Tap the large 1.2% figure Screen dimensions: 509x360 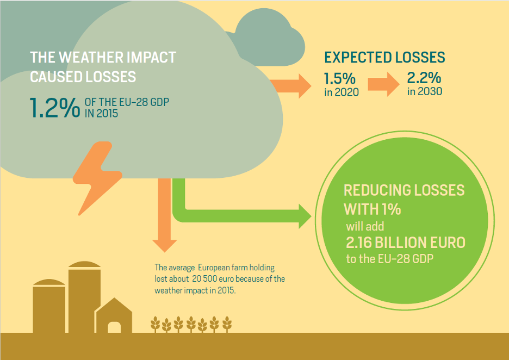tap(55, 108)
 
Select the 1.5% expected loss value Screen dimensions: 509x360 tap(339, 79)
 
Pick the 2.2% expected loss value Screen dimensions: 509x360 tap(424, 78)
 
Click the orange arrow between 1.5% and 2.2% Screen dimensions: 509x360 tap(384, 84)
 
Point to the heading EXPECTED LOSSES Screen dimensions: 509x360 tap(384, 58)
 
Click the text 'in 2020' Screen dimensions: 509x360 tap(342, 92)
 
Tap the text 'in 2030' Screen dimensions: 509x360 tap(425, 91)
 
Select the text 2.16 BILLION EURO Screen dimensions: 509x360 tap(406, 243)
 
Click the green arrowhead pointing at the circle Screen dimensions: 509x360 tap(305, 216)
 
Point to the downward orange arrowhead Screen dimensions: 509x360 tap(165, 246)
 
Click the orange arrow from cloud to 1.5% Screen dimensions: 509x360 tap(290, 86)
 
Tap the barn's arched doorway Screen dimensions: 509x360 tap(114, 327)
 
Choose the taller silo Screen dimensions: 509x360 tap(84, 297)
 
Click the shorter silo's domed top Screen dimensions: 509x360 tap(49, 282)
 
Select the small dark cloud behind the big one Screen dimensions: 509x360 tap(269, 38)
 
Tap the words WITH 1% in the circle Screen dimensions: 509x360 tap(373, 209)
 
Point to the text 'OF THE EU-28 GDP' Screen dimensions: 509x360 tap(127, 102)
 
